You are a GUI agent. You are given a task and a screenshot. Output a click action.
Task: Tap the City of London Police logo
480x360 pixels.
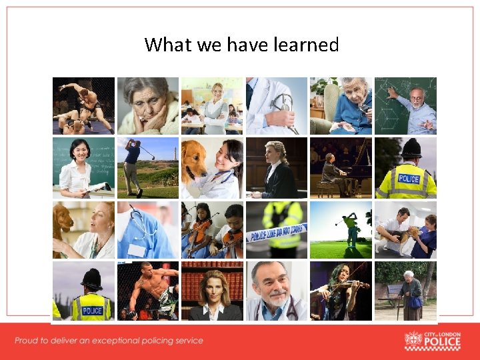[x=433, y=340]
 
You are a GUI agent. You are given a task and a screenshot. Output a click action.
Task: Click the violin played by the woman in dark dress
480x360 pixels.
[x=349, y=286]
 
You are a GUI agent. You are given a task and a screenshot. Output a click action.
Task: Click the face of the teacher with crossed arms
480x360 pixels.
[x=216, y=93]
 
